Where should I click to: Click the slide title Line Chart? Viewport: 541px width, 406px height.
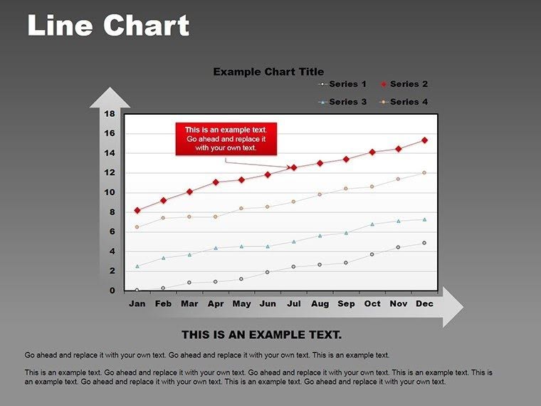(x=108, y=26)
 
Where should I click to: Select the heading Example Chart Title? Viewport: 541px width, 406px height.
(x=268, y=71)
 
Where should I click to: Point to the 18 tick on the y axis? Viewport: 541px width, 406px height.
(x=110, y=114)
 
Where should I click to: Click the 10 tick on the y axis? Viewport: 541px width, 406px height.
(x=110, y=192)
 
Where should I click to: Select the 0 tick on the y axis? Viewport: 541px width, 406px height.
(x=112, y=291)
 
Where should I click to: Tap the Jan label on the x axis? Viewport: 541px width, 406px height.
(x=137, y=303)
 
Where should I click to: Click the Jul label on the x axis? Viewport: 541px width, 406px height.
(x=293, y=303)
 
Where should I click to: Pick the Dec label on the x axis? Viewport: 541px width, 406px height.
(x=424, y=303)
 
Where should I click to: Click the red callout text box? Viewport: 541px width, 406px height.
(x=226, y=139)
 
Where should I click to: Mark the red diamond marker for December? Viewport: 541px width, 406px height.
(x=424, y=140)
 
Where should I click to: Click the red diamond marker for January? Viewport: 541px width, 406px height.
(x=137, y=211)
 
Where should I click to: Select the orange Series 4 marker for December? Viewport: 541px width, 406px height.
(x=424, y=172)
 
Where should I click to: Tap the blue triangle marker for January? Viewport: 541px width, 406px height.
(x=137, y=266)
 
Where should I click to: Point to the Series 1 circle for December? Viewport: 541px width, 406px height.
(x=424, y=243)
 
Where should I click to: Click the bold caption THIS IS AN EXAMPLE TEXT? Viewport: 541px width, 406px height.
(x=262, y=334)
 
